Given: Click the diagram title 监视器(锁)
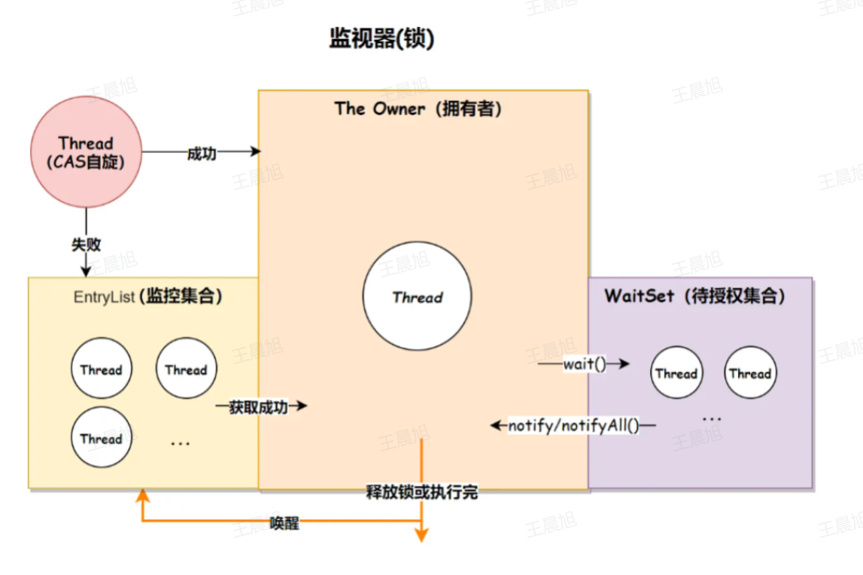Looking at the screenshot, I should (381, 39).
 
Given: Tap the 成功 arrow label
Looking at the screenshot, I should (202, 153).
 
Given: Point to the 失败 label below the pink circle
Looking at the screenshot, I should (86, 244).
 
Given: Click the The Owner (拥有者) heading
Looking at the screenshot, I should (418, 109).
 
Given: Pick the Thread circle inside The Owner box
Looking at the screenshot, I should (417, 297).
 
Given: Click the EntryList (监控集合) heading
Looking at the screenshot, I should (148, 297).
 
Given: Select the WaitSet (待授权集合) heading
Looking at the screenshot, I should (694, 296).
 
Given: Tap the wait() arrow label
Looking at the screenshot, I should (584, 364).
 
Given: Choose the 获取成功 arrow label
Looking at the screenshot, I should (259, 407).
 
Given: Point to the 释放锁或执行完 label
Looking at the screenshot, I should (421, 493).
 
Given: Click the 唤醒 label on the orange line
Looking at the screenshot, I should (284, 523).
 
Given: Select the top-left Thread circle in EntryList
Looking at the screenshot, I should (101, 370).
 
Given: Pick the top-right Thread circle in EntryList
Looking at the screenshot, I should (186, 370).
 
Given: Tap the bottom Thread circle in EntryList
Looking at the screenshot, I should (101, 439).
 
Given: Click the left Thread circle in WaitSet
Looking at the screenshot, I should (676, 373).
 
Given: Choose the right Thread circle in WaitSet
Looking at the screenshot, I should (749, 373).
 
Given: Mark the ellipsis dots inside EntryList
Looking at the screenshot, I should (181, 443).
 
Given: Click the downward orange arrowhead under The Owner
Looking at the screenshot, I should (421, 535).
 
